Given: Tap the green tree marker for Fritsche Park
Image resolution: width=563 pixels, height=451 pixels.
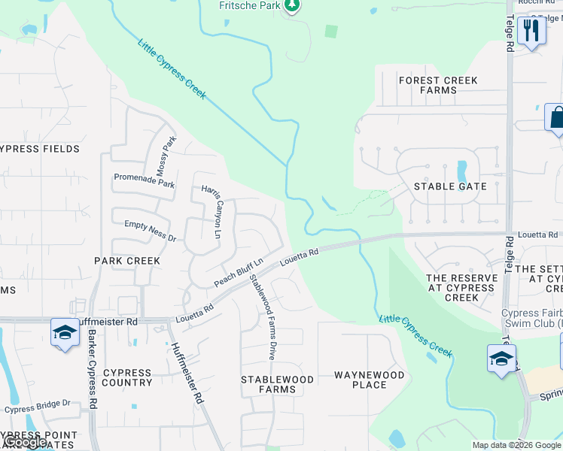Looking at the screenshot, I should click(x=292, y=5).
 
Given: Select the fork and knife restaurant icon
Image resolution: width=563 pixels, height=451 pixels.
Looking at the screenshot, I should click(x=531, y=31).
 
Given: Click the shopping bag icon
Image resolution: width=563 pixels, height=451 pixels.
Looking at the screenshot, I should click(x=557, y=117).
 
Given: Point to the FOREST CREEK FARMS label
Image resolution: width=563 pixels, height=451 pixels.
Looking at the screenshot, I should click(x=438, y=85).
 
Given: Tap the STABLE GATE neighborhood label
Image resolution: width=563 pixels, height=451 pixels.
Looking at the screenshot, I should click(x=450, y=186).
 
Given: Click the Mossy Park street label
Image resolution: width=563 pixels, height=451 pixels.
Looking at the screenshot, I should click(x=166, y=156).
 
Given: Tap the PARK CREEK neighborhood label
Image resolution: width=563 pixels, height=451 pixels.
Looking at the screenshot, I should click(x=127, y=261).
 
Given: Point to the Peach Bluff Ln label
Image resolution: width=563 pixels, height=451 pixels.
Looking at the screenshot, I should click(x=238, y=272).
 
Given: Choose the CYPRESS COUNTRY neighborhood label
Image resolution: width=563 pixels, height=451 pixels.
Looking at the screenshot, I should click(x=127, y=377).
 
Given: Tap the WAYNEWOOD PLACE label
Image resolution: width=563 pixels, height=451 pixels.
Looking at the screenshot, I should click(x=370, y=380).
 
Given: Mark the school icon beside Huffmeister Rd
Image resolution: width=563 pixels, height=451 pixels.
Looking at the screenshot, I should click(x=65, y=332).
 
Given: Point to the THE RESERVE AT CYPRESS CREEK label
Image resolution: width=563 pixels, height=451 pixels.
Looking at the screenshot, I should click(x=462, y=287).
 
